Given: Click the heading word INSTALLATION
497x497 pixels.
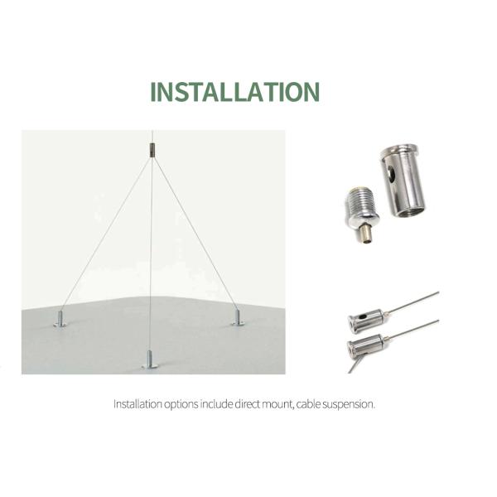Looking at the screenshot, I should coord(234,91).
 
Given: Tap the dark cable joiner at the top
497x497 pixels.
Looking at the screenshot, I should coord(152,150).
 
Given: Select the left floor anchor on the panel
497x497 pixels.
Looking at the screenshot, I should coord(60,319).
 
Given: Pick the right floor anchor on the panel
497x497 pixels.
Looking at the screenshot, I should coord(238,317).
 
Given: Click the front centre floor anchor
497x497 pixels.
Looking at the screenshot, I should coord(149,359).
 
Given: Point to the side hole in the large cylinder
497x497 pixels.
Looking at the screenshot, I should coord(390,176).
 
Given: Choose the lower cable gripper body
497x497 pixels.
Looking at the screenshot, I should coord(364,345).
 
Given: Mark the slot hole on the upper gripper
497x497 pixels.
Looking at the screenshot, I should coord(357,319).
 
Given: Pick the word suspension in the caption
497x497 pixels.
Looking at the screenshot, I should coord(354,405).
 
